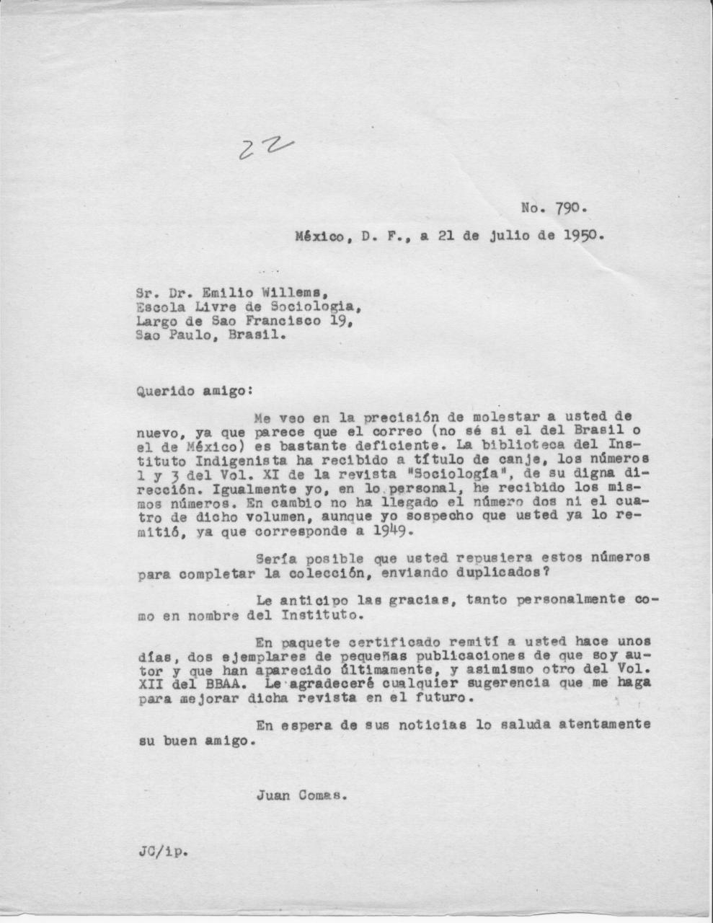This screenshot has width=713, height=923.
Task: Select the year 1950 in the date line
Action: pos(583,235)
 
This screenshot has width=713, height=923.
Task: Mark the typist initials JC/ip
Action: pos(161,851)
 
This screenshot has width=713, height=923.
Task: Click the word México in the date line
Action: pos(319,235)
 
